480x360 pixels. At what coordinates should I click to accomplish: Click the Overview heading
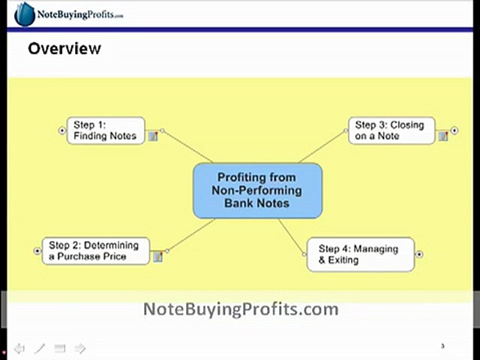(64, 48)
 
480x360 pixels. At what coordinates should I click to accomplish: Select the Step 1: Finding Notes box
(105, 130)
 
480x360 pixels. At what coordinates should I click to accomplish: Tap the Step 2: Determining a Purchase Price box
(95, 251)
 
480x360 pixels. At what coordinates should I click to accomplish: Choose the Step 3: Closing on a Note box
(391, 130)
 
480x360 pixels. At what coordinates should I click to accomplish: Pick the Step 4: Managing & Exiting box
(360, 254)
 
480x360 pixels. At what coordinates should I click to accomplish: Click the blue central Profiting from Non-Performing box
(257, 190)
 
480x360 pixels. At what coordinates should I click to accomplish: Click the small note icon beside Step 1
(153, 136)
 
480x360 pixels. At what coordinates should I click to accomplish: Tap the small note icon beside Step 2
(158, 256)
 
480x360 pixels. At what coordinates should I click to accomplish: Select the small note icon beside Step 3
(443, 136)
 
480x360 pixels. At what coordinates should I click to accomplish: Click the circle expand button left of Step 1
(62, 130)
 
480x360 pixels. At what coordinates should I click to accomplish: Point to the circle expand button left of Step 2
(37, 251)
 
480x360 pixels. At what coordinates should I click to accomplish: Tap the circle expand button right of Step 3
(454, 130)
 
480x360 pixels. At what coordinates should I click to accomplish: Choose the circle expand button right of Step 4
(419, 254)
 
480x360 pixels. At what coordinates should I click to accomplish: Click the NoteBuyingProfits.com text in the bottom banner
(240, 309)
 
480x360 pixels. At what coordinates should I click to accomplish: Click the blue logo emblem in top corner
(24, 14)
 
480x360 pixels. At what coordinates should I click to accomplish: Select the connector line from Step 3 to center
(322, 146)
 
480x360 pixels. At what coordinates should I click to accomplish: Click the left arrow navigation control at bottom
(19, 348)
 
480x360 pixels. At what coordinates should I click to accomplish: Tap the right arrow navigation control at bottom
(80, 348)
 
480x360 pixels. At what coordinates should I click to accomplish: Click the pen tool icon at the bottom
(39, 348)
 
